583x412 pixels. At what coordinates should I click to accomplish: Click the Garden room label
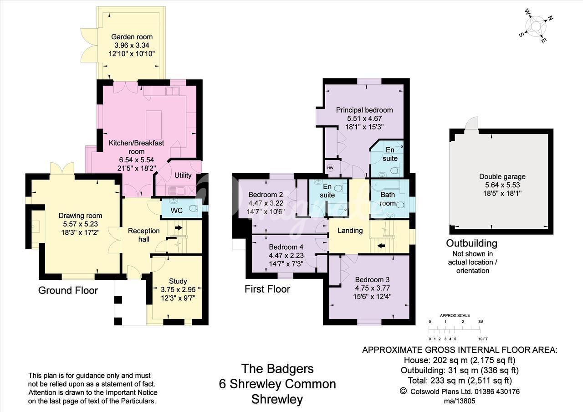[x=132, y=37]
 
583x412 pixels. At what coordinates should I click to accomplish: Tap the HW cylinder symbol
[x=330, y=168]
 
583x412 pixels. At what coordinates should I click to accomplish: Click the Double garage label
[x=502, y=176]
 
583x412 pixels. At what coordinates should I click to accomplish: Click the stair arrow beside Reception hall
[x=179, y=227]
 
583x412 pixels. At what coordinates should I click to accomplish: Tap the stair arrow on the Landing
[x=381, y=246]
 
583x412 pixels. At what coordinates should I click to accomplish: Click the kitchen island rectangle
[x=153, y=125]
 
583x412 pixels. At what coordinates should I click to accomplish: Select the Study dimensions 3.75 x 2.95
[x=178, y=289]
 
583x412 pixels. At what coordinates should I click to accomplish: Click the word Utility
[x=183, y=175]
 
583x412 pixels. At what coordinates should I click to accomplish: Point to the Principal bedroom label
[x=364, y=110]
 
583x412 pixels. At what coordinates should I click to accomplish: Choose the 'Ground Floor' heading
[x=68, y=290]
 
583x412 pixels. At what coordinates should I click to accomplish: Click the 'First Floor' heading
[x=267, y=289]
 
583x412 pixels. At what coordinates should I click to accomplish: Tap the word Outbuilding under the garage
[x=471, y=243]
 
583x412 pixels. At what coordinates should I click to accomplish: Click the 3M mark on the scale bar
[x=481, y=322]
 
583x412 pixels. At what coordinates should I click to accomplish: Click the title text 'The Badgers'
[x=277, y=369]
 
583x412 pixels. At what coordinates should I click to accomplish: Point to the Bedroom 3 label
[x=372, y=280]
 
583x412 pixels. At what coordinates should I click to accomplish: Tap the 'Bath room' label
[x=388, y=199]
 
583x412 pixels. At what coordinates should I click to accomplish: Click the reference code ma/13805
[x=460, y=401]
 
